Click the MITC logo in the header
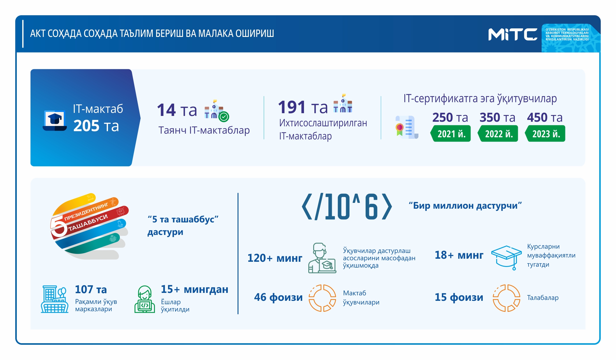(513, 34)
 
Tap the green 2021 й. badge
(450, 134)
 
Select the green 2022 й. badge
(498, 134)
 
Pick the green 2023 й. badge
(545, 134)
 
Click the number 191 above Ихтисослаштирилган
(292, 107)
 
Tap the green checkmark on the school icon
(224, 117)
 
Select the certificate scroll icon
(406, 127)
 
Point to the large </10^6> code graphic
(347, 207)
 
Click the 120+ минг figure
(275, 258)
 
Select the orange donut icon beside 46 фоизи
(322, 298)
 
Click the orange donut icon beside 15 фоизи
(507, 298)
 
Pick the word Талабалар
(543, 298)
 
